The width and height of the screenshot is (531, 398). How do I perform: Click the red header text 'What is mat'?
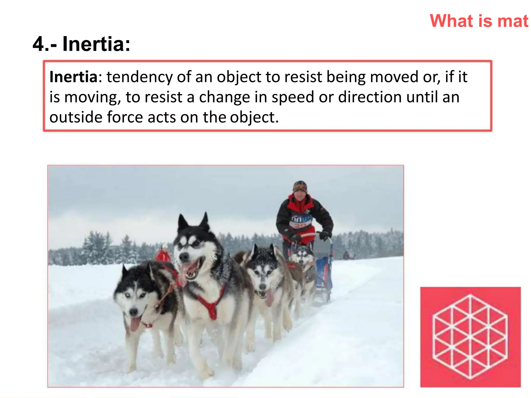(x=479, y=21)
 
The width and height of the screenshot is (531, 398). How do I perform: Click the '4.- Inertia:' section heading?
(x=81, y=44)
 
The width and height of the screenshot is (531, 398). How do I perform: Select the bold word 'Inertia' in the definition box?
(x=73, y=77)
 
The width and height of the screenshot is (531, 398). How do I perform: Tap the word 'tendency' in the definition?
(x=139, y=77)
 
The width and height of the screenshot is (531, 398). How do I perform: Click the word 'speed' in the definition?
(x=293, y=97)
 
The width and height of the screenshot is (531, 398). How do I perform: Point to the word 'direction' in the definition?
(x=370, y=97)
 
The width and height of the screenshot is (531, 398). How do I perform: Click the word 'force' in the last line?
(x=125, y=117)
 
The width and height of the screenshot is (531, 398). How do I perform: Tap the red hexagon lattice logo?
(x=470, y=337)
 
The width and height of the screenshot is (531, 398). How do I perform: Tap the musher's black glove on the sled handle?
(x=324, y=235)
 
